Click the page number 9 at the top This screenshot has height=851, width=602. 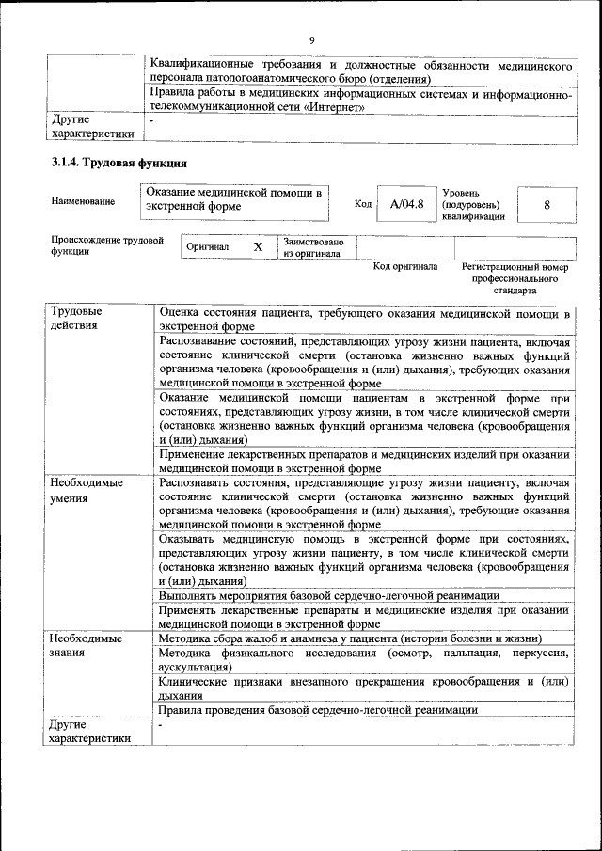(310, 39)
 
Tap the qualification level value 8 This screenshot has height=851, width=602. (546, 204)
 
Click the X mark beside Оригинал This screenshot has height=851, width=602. (258, 246)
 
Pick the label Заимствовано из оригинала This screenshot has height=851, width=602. (312, 247)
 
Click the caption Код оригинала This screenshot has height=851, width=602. (405, 267)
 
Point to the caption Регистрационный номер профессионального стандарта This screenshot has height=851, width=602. (515, 279)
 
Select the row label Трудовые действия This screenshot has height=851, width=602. (78, 318)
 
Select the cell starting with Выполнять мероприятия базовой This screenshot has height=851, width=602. (329, 596)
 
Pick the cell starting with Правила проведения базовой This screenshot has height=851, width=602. (318, 710)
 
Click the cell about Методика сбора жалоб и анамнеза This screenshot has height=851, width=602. (348, 638)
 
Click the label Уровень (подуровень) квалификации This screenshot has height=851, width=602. (473, 204)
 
